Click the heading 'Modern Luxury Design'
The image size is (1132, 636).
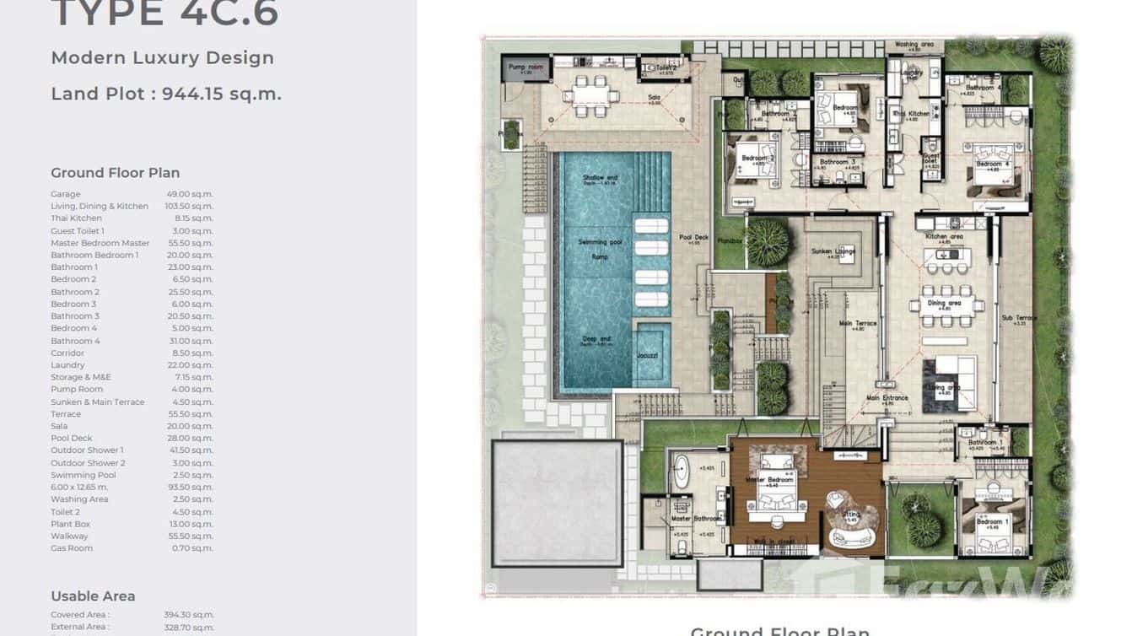162,58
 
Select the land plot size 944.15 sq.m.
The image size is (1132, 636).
221,94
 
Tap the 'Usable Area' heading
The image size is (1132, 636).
93,596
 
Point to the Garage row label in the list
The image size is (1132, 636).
66,194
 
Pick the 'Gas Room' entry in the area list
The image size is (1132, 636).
72,548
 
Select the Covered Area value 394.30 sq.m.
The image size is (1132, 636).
189,615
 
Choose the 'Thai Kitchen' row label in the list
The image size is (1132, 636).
76,218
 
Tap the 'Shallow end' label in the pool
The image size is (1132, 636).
600,178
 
